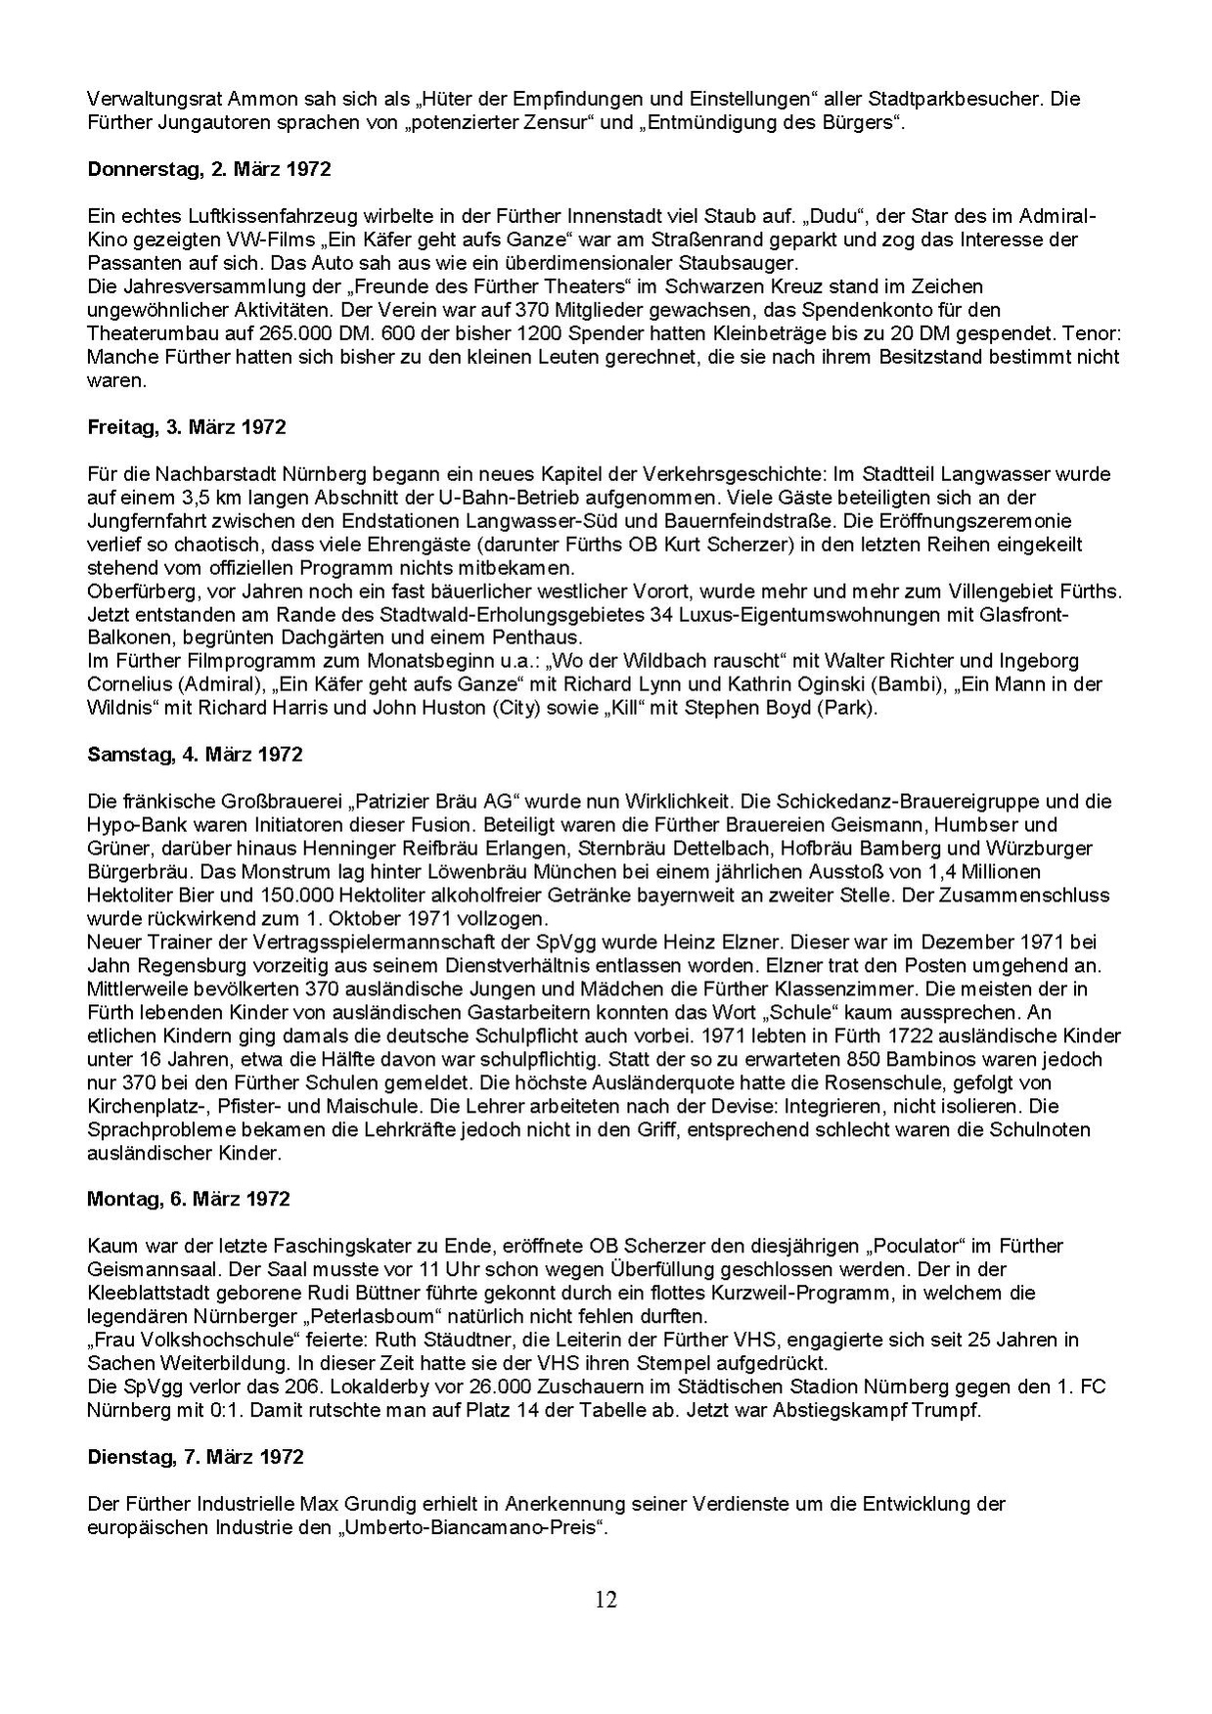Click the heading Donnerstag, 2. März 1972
tap(208, 168)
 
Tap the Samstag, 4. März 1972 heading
tap(195, 754)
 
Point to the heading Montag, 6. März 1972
tap(189, 1198)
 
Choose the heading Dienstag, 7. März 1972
tap(195, 1456)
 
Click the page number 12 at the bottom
tap(606, 1600)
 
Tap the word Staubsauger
tap(749, 263)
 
